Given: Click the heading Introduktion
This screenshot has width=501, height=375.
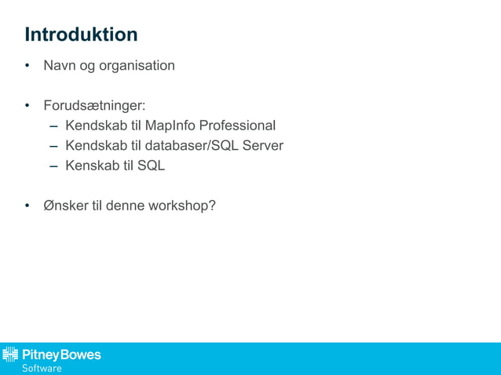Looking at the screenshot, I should [x=81, y=35].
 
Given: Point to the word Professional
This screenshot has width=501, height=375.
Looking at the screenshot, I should [x=237, y=126].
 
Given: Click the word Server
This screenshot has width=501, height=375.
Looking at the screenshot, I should [x=263, y=146].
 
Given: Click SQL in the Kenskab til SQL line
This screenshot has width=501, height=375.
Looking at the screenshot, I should [x=151, y=166].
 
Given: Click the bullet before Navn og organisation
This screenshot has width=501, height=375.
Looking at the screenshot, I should [x=27, y=66].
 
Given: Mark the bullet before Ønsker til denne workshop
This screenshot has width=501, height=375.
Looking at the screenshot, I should [x=27, y=206].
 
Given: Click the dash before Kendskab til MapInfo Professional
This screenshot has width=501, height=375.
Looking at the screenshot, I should [x=53, y=126].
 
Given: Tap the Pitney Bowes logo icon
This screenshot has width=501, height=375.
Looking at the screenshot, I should [x=10, y=355].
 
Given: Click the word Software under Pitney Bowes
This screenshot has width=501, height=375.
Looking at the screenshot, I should [x=41, y=368].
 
